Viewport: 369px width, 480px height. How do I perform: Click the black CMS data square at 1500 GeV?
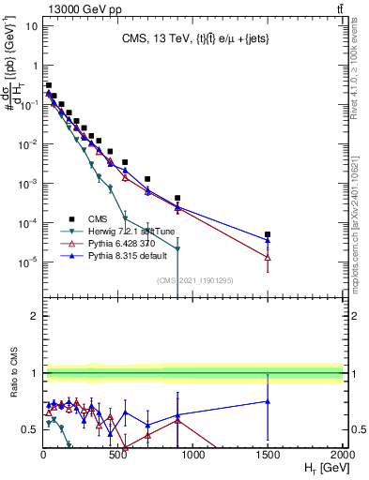268,234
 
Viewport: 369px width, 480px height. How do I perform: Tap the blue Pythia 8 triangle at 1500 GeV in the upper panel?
268,240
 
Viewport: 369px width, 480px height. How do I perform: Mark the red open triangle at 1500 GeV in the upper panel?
268,257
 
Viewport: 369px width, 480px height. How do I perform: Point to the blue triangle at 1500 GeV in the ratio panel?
268,401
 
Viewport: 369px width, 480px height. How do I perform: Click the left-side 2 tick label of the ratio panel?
34,316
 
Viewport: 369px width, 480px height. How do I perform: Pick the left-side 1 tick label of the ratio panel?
34,373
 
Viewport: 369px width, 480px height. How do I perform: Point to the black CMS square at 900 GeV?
177,199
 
